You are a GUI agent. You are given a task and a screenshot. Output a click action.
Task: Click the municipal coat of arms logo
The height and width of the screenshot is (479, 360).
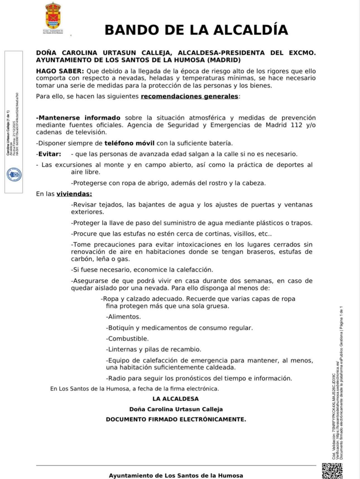click(53, 17)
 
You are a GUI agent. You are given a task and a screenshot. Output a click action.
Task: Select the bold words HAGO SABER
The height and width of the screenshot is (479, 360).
click(60, 71)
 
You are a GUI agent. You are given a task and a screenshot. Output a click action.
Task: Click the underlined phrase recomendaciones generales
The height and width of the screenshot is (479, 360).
click(189, 96)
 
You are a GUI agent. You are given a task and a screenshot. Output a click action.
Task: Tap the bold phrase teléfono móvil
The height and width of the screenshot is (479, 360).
click(129, 143)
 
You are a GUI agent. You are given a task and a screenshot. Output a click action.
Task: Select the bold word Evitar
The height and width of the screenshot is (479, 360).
click(49, 154)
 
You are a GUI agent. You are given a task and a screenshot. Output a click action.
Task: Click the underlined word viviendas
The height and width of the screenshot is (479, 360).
click(74, 194)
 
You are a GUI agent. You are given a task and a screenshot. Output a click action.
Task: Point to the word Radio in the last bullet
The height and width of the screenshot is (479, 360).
click(116, 379)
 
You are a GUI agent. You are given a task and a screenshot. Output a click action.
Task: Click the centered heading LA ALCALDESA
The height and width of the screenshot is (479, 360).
click(176, 399)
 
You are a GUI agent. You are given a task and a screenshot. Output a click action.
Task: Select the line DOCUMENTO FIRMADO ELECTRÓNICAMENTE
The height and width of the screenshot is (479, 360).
click(176, 420)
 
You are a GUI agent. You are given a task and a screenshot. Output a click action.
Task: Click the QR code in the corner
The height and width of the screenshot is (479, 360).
click(332, 471)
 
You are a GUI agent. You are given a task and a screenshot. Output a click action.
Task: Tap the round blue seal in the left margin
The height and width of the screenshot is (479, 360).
click(14, 175)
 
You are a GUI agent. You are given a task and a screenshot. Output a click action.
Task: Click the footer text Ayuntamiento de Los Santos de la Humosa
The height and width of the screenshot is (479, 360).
click(176, 476)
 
